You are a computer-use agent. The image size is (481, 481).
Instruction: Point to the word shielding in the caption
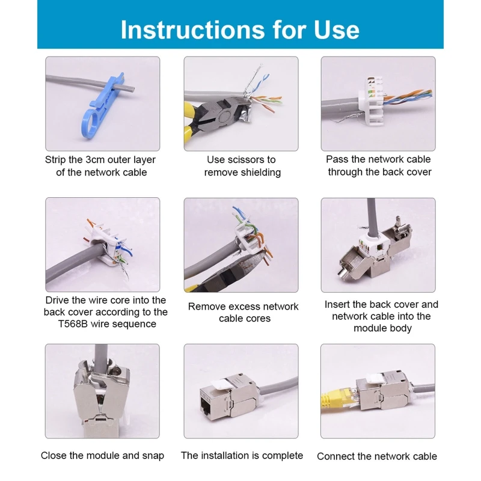click(x=260, y=173)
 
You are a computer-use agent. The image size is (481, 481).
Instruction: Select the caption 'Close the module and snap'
click(x=102, y=456)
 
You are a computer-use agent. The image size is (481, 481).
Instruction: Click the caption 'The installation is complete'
click(x=242, y=456)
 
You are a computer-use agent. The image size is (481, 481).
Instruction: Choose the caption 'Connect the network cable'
click(x=377, y=456)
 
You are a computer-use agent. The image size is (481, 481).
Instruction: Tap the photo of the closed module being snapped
click(x=102, y=391)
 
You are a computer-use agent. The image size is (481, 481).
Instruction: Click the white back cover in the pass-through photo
click(x=372, y=100)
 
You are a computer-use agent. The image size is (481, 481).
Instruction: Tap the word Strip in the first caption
click(x=57, y=160)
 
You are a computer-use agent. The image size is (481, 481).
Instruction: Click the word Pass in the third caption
click(x=337, y=159)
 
